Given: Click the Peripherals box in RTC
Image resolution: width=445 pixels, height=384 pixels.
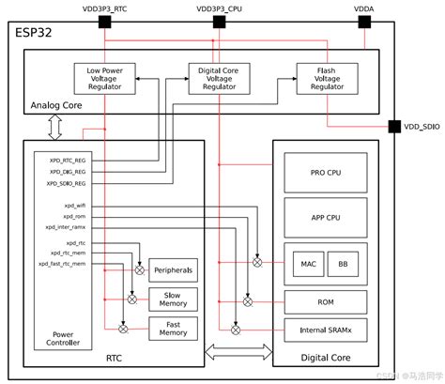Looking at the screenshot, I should [174, 270].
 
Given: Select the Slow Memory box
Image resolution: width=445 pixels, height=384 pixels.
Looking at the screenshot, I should [174, 300].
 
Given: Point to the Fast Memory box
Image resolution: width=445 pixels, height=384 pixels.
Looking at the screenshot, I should [174, 329].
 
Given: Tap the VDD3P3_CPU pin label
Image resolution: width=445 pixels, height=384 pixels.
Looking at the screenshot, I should [222, 7].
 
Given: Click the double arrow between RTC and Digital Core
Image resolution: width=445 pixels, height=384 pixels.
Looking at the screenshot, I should [238, 354].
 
